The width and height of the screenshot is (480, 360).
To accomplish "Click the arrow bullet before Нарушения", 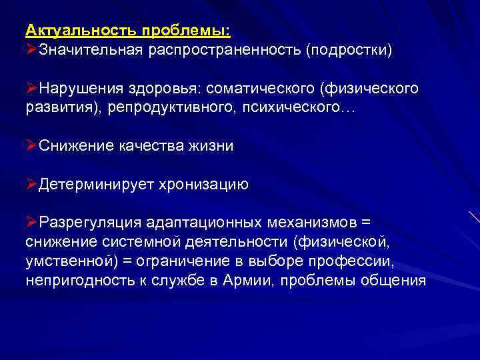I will (x=31, y=89).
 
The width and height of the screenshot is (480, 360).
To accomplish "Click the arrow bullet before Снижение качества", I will (x=31, y=146).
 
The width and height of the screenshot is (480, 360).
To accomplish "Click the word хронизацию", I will (x=202, y=185).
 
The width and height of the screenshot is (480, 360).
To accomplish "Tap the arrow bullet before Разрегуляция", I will (x=31, y=222).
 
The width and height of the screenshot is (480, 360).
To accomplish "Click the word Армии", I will (x=241, y=280).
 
